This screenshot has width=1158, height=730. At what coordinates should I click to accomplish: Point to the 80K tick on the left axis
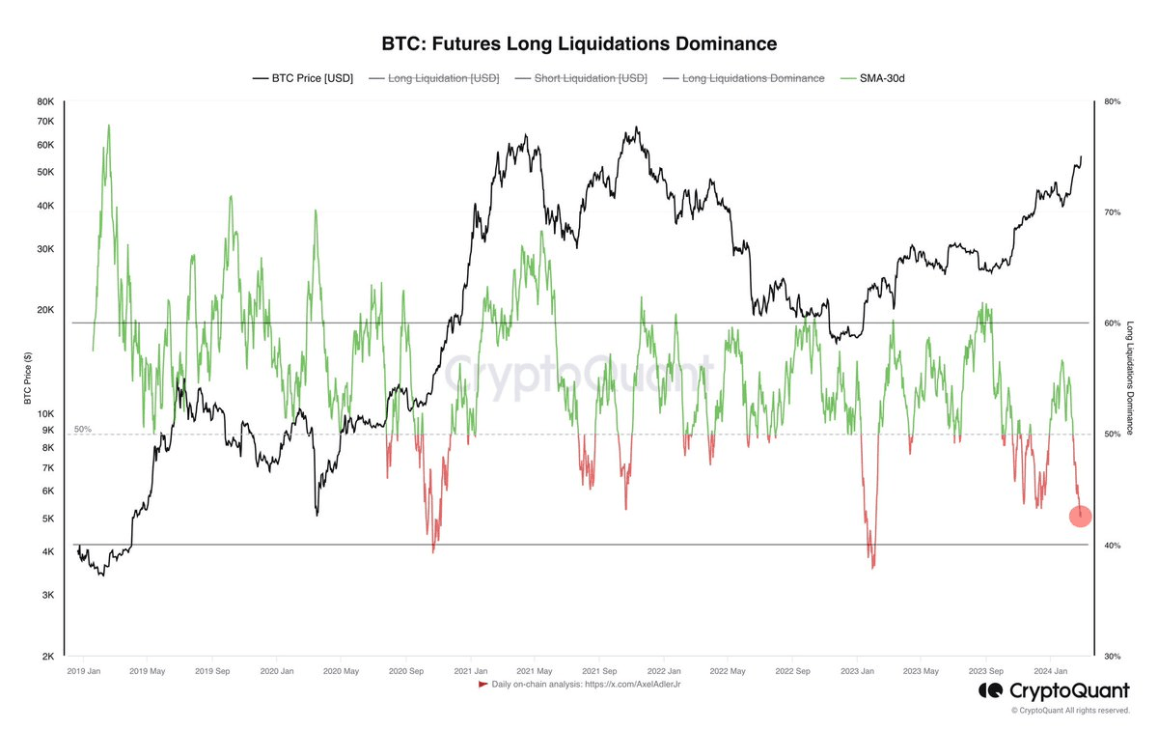pyautogui.click(x=44, y=101)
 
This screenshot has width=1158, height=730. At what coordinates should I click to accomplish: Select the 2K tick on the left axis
pyautogui.click(x=47, y=657)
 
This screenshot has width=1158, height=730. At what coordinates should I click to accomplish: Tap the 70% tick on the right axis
pyautogui.click(x=1111, y=212)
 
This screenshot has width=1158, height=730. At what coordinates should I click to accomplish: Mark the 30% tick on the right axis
pyautogui.click(x=1111, y=657)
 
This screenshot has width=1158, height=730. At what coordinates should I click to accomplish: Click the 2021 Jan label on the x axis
pyautogui.click(x=470, y=670)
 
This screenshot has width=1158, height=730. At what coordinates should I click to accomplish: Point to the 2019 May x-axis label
pyautogui.click(x=148, y=670)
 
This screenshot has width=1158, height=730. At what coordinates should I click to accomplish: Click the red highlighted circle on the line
pyautogui.click(x=1080, y=516)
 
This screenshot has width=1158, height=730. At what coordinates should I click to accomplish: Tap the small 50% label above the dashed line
pyautogui.click(x=82, y=428)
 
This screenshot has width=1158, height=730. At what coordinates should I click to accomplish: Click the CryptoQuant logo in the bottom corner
pyautogui.click(x=1053, y=690)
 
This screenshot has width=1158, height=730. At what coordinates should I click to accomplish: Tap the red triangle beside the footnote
pyautogui.click(x=482, y=685)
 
